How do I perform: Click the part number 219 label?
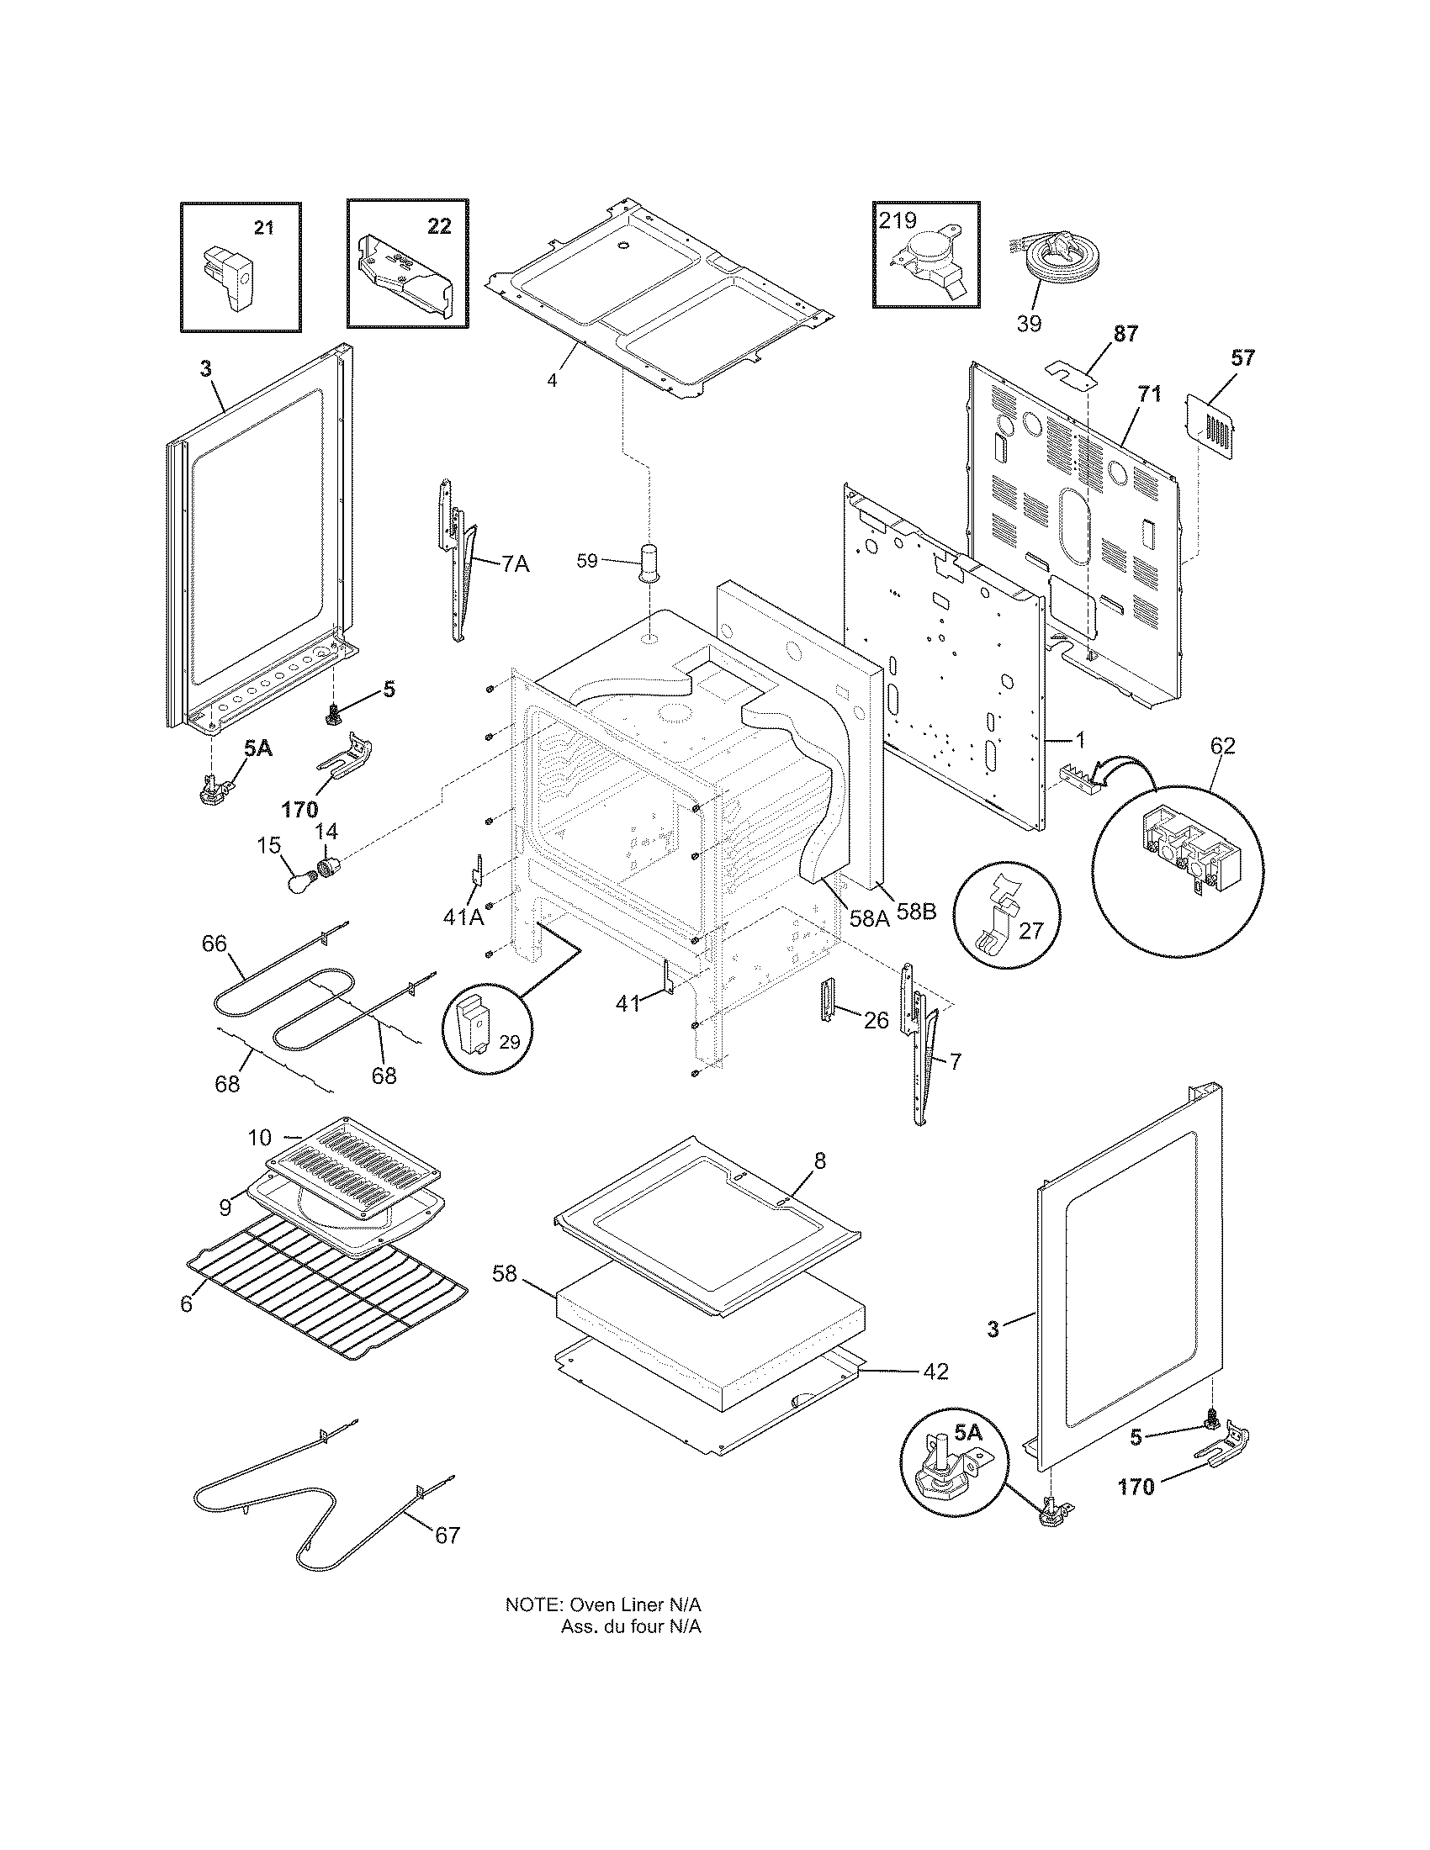coord(898,220)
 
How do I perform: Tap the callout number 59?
coord(587,561)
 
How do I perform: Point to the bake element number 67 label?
coord(448,1535)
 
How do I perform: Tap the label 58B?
coord(917,912)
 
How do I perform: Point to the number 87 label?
coord(1125,334)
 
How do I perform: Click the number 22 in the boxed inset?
coord(439,227)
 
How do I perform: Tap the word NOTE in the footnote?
coord(532,1604)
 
